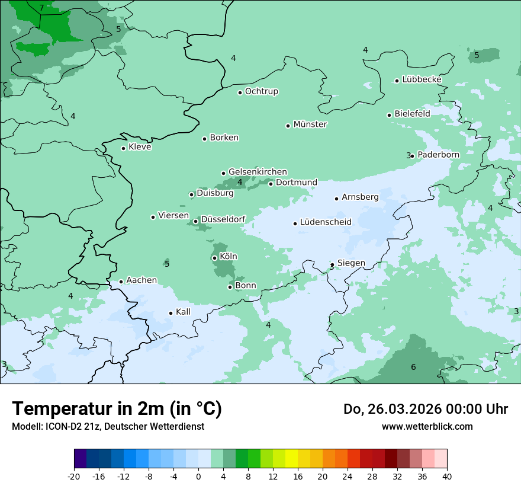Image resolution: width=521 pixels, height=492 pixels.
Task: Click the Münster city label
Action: point(310,124)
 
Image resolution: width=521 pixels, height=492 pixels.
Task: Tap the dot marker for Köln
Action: point(214,258)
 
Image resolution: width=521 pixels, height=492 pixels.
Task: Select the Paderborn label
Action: point(438,155)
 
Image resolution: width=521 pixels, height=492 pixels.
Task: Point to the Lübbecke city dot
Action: point(397,81)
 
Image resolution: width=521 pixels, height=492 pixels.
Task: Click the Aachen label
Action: point(141,280)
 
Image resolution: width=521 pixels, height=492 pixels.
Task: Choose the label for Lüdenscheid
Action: point(326,222)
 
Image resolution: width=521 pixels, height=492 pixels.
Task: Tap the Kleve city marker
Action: point(123,148)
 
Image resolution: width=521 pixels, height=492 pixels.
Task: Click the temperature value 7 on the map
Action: point(41,8)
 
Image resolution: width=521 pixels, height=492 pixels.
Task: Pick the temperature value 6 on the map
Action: point(413,368)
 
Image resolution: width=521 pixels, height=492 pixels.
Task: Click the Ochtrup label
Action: point(262,91)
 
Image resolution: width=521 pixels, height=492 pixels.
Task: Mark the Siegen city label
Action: point(351,263)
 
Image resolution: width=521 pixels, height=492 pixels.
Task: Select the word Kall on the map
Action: point(183,312)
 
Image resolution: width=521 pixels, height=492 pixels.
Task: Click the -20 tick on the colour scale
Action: point(74,476)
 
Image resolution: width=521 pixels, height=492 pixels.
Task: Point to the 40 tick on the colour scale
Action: point(446,476)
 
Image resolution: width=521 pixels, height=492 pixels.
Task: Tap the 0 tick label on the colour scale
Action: point(198,476)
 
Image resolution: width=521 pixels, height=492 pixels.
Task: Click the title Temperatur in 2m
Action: point(117,408)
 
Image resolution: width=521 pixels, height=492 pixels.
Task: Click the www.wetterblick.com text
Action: point(427,426)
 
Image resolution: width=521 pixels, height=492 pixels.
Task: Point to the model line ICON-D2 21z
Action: point(108,426)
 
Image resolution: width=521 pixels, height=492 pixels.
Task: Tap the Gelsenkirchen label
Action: point(258,172)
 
